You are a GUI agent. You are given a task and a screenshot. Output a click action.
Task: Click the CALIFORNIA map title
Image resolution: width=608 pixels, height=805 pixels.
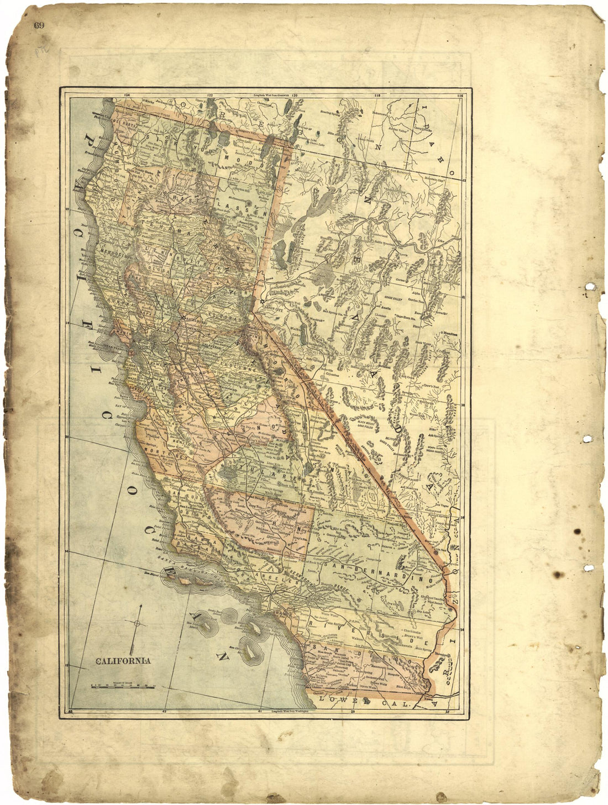pos(124,661)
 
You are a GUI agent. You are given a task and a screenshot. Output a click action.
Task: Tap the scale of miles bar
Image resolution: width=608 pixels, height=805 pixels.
pos(123,686)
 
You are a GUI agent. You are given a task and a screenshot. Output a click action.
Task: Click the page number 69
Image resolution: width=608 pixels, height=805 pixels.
pos(39,25)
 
